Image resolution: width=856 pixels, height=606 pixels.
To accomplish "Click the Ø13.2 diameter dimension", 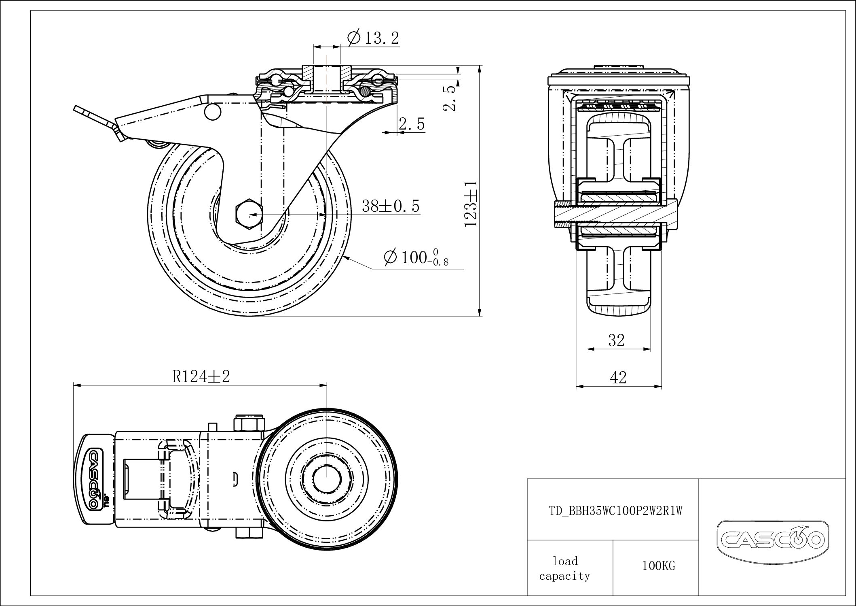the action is point(373,38).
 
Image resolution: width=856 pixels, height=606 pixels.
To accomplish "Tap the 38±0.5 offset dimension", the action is point(391,206).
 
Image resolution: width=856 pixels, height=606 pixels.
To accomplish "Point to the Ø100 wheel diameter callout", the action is point(416,257).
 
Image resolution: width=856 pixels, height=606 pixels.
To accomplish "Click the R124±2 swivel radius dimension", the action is point(201,376).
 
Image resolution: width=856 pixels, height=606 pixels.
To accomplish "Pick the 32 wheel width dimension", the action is point(616,340).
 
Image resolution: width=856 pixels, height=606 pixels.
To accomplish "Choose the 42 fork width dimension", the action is point(618,378).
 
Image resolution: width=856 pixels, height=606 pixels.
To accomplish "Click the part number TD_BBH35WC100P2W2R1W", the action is point(615,511).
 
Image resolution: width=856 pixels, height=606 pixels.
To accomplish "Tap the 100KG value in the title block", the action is point(659,566).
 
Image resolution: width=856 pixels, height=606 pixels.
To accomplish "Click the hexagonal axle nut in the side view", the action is point(249,215).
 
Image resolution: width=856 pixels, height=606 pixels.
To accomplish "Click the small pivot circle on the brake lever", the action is point(212,112).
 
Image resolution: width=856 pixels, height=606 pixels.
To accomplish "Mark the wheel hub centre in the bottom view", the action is point(326,478).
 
